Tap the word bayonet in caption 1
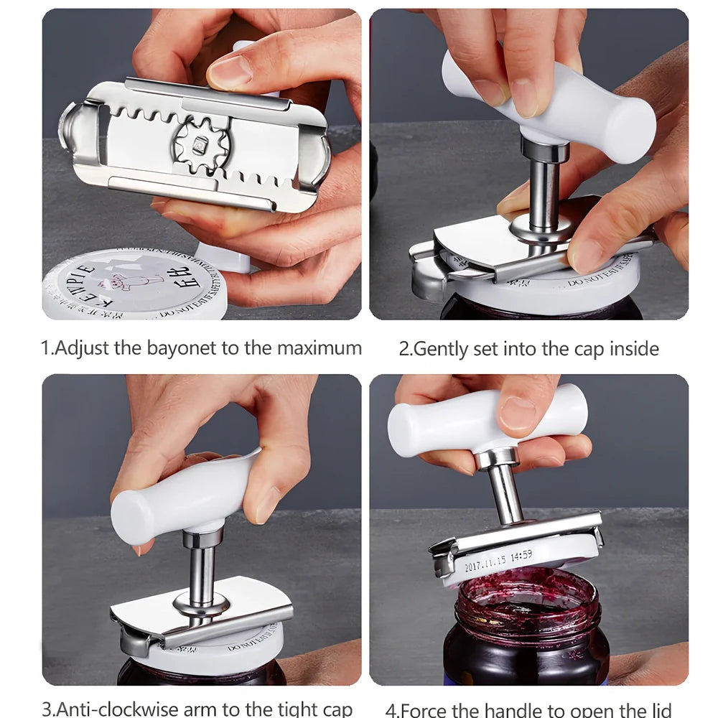[182, 349]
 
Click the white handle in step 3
[183, 495]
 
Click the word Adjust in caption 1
[83, 349]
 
